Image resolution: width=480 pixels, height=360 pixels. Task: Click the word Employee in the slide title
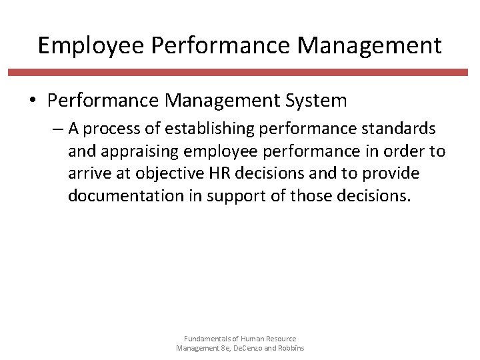click(92, 45)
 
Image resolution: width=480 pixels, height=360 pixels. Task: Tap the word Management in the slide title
click(369, 45)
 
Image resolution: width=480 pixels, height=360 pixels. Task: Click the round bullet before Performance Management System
click(33, 101)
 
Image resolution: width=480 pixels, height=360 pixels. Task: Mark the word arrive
click(89, 173)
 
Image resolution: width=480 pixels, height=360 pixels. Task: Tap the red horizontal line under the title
click(240, 73)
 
